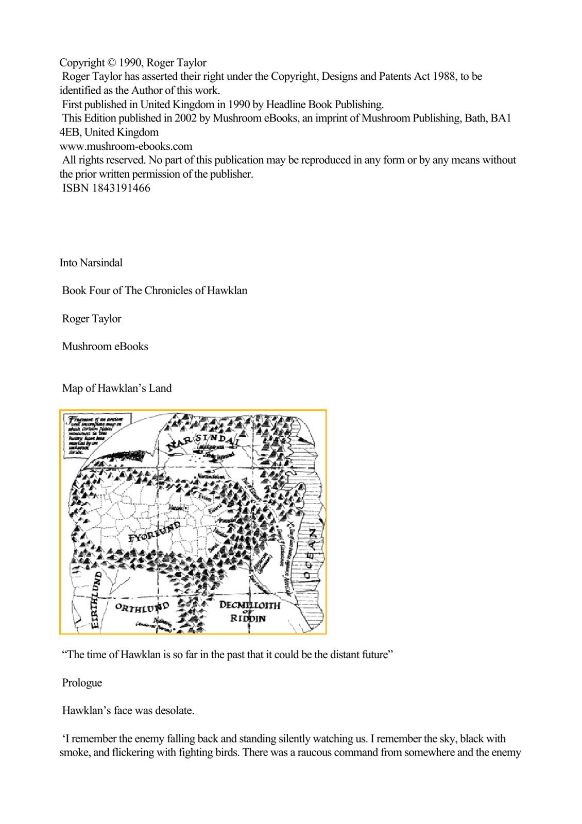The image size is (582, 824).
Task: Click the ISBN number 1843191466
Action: [x=121, y=188]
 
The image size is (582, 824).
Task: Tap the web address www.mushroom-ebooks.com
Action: [x=126, y=147]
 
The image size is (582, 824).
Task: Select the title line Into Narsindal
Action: [x=91, y=263]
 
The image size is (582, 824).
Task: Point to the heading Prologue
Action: [x=82, y=683]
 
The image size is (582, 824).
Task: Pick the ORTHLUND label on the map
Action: [x=142, y=608]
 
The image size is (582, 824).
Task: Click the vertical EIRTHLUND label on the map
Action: [x=95, y=600]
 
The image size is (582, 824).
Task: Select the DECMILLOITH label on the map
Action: [x=250, y=605]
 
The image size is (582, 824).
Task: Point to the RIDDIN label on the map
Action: [x=248, y=618]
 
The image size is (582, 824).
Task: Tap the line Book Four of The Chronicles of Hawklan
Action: [x=155, y=291]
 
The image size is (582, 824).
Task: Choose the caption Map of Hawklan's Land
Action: [x=117, y=389]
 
